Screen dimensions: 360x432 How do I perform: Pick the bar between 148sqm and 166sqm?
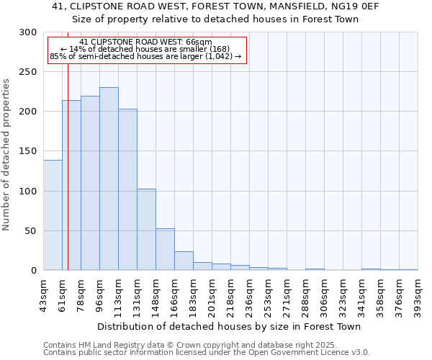[165, 249]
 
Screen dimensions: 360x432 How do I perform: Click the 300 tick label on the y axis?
[28, 32]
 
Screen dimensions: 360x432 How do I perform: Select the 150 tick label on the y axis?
[28, 151]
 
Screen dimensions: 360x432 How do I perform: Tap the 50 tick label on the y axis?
[30, 231]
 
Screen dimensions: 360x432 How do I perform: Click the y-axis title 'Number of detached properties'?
[7, 155]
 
